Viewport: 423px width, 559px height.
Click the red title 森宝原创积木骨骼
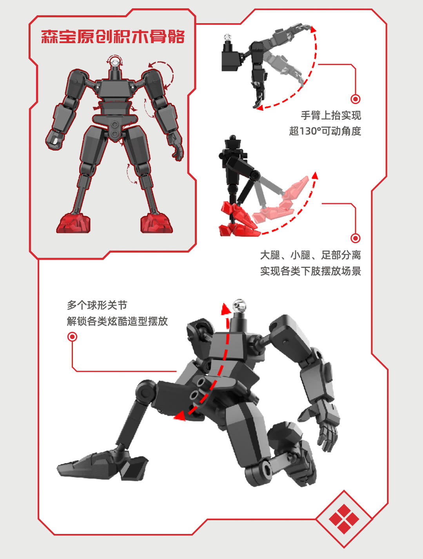(x=113, y=36)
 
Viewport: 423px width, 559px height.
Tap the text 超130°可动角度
(x=325, y=131)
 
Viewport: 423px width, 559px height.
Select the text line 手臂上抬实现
(x=331, y=115)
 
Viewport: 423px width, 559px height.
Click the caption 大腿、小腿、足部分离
(x=310, y=255)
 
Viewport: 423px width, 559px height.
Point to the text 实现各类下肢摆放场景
(x=310, y=271)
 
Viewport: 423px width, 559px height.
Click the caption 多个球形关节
(x=97, y=305)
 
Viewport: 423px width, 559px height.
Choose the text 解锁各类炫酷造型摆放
(x=117, y=321)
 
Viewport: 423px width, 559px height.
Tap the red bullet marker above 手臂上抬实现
(x=355, y=99)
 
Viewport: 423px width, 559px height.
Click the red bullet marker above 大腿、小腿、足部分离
(x=355, y=238)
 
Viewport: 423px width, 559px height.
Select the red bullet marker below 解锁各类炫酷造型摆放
(x=72, y=337)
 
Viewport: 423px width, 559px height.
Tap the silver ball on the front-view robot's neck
(x=115, y=62)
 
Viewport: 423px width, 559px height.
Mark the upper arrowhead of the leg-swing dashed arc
(x=315, y=175)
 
